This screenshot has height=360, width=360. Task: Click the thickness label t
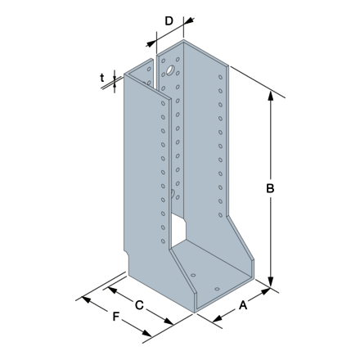[x=102, y=79]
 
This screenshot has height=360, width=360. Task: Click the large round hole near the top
[x=172, y=70]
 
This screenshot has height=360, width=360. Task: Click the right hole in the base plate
[x=217, y=289]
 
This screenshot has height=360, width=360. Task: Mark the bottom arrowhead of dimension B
[x=271, y=286]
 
